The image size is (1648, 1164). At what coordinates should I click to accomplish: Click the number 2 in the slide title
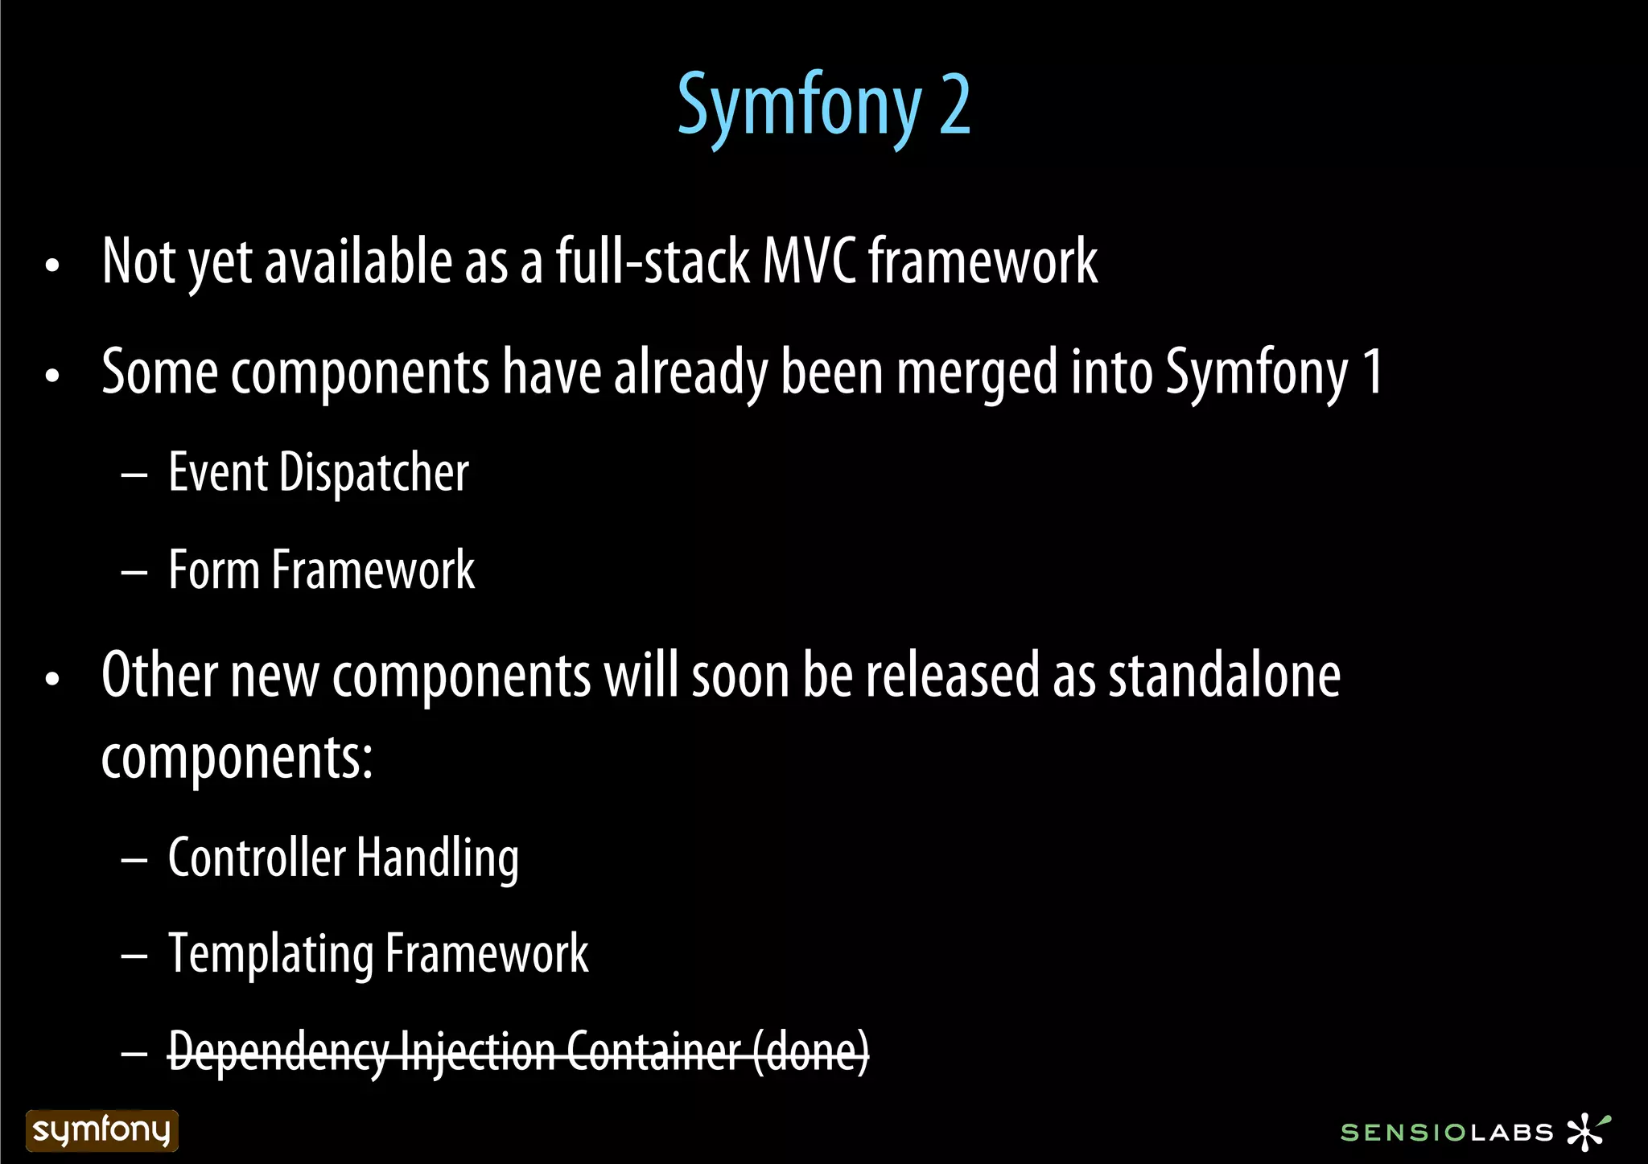click(954, 105)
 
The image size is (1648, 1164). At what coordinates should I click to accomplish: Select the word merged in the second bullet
click(977, 373)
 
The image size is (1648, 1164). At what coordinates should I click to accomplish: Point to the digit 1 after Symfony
click(1372, 372)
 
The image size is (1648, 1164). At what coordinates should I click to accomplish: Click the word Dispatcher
click(373, 473)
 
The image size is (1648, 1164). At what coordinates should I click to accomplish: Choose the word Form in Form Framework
click(214, 570)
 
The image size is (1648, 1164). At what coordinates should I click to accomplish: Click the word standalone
click(1224, 675)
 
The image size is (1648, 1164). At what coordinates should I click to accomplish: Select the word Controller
click(257, 858)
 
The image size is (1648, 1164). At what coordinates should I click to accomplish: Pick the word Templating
click(271, 955)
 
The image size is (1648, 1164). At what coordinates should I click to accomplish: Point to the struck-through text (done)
click(811, 1051)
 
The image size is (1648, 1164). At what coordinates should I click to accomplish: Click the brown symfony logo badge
click(102, 1130)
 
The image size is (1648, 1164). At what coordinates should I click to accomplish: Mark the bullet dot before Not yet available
click(53, 265)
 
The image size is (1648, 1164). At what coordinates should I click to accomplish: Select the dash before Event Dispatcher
click(134, 475)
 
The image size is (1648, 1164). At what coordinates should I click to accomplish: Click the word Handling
click(437, 858)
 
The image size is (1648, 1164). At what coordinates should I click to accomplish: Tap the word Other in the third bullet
click(159, 675)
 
